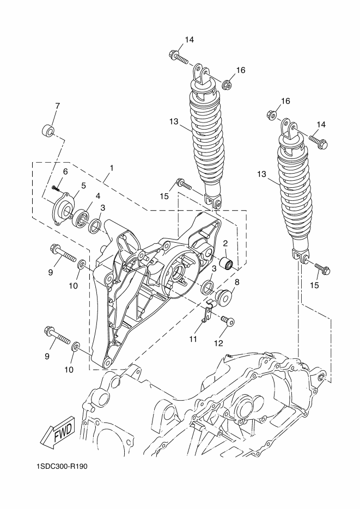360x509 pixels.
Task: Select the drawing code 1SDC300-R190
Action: click(62, 467)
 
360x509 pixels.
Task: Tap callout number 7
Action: click(57, 106)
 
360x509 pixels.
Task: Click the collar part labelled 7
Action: click(48, 130)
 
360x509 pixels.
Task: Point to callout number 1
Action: click(112, 168)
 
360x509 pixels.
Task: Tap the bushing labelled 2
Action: click(226, 263)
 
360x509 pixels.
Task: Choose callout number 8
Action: click(237, 282)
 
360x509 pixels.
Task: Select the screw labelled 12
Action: click(228, 321)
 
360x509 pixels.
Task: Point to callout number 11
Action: click(193, 339)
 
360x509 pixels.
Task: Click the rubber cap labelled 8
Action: click(224, 296)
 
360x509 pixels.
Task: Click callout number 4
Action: click(97, 196)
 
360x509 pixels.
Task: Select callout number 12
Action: click(218, 343)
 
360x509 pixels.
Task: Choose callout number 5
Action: click(83, 186)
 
